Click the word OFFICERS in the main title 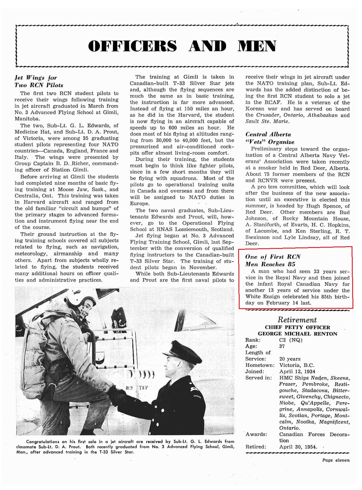pos(133,46)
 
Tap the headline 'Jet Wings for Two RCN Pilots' pos(39,81)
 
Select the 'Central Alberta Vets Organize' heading pos(269,138)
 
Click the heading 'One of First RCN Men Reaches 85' pos(272,260)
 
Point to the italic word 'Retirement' pos(297,320)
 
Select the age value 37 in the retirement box pos(282,346)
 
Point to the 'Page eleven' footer pos(336,460)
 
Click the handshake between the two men pos(117,396)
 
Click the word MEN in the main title pos(257,46)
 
